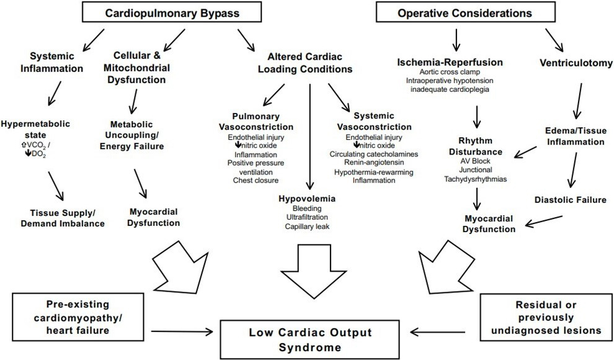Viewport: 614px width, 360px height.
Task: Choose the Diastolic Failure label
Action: click(x=569, y=199)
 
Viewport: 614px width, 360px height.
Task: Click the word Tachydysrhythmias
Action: click(x=476, y=179)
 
